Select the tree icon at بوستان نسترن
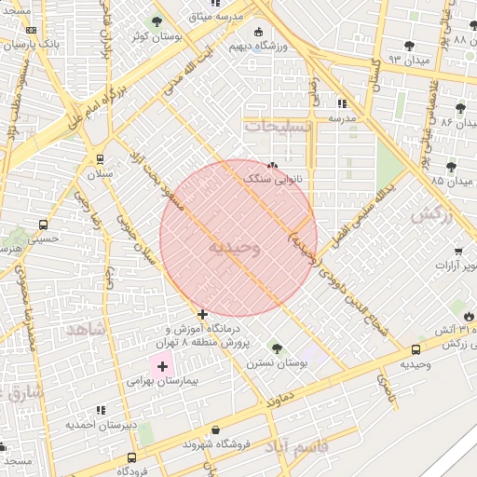tap(276, 348)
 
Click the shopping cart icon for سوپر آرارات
tap(458, 251)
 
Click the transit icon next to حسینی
tap(43, 225)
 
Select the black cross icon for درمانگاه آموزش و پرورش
tap(202, 314)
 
